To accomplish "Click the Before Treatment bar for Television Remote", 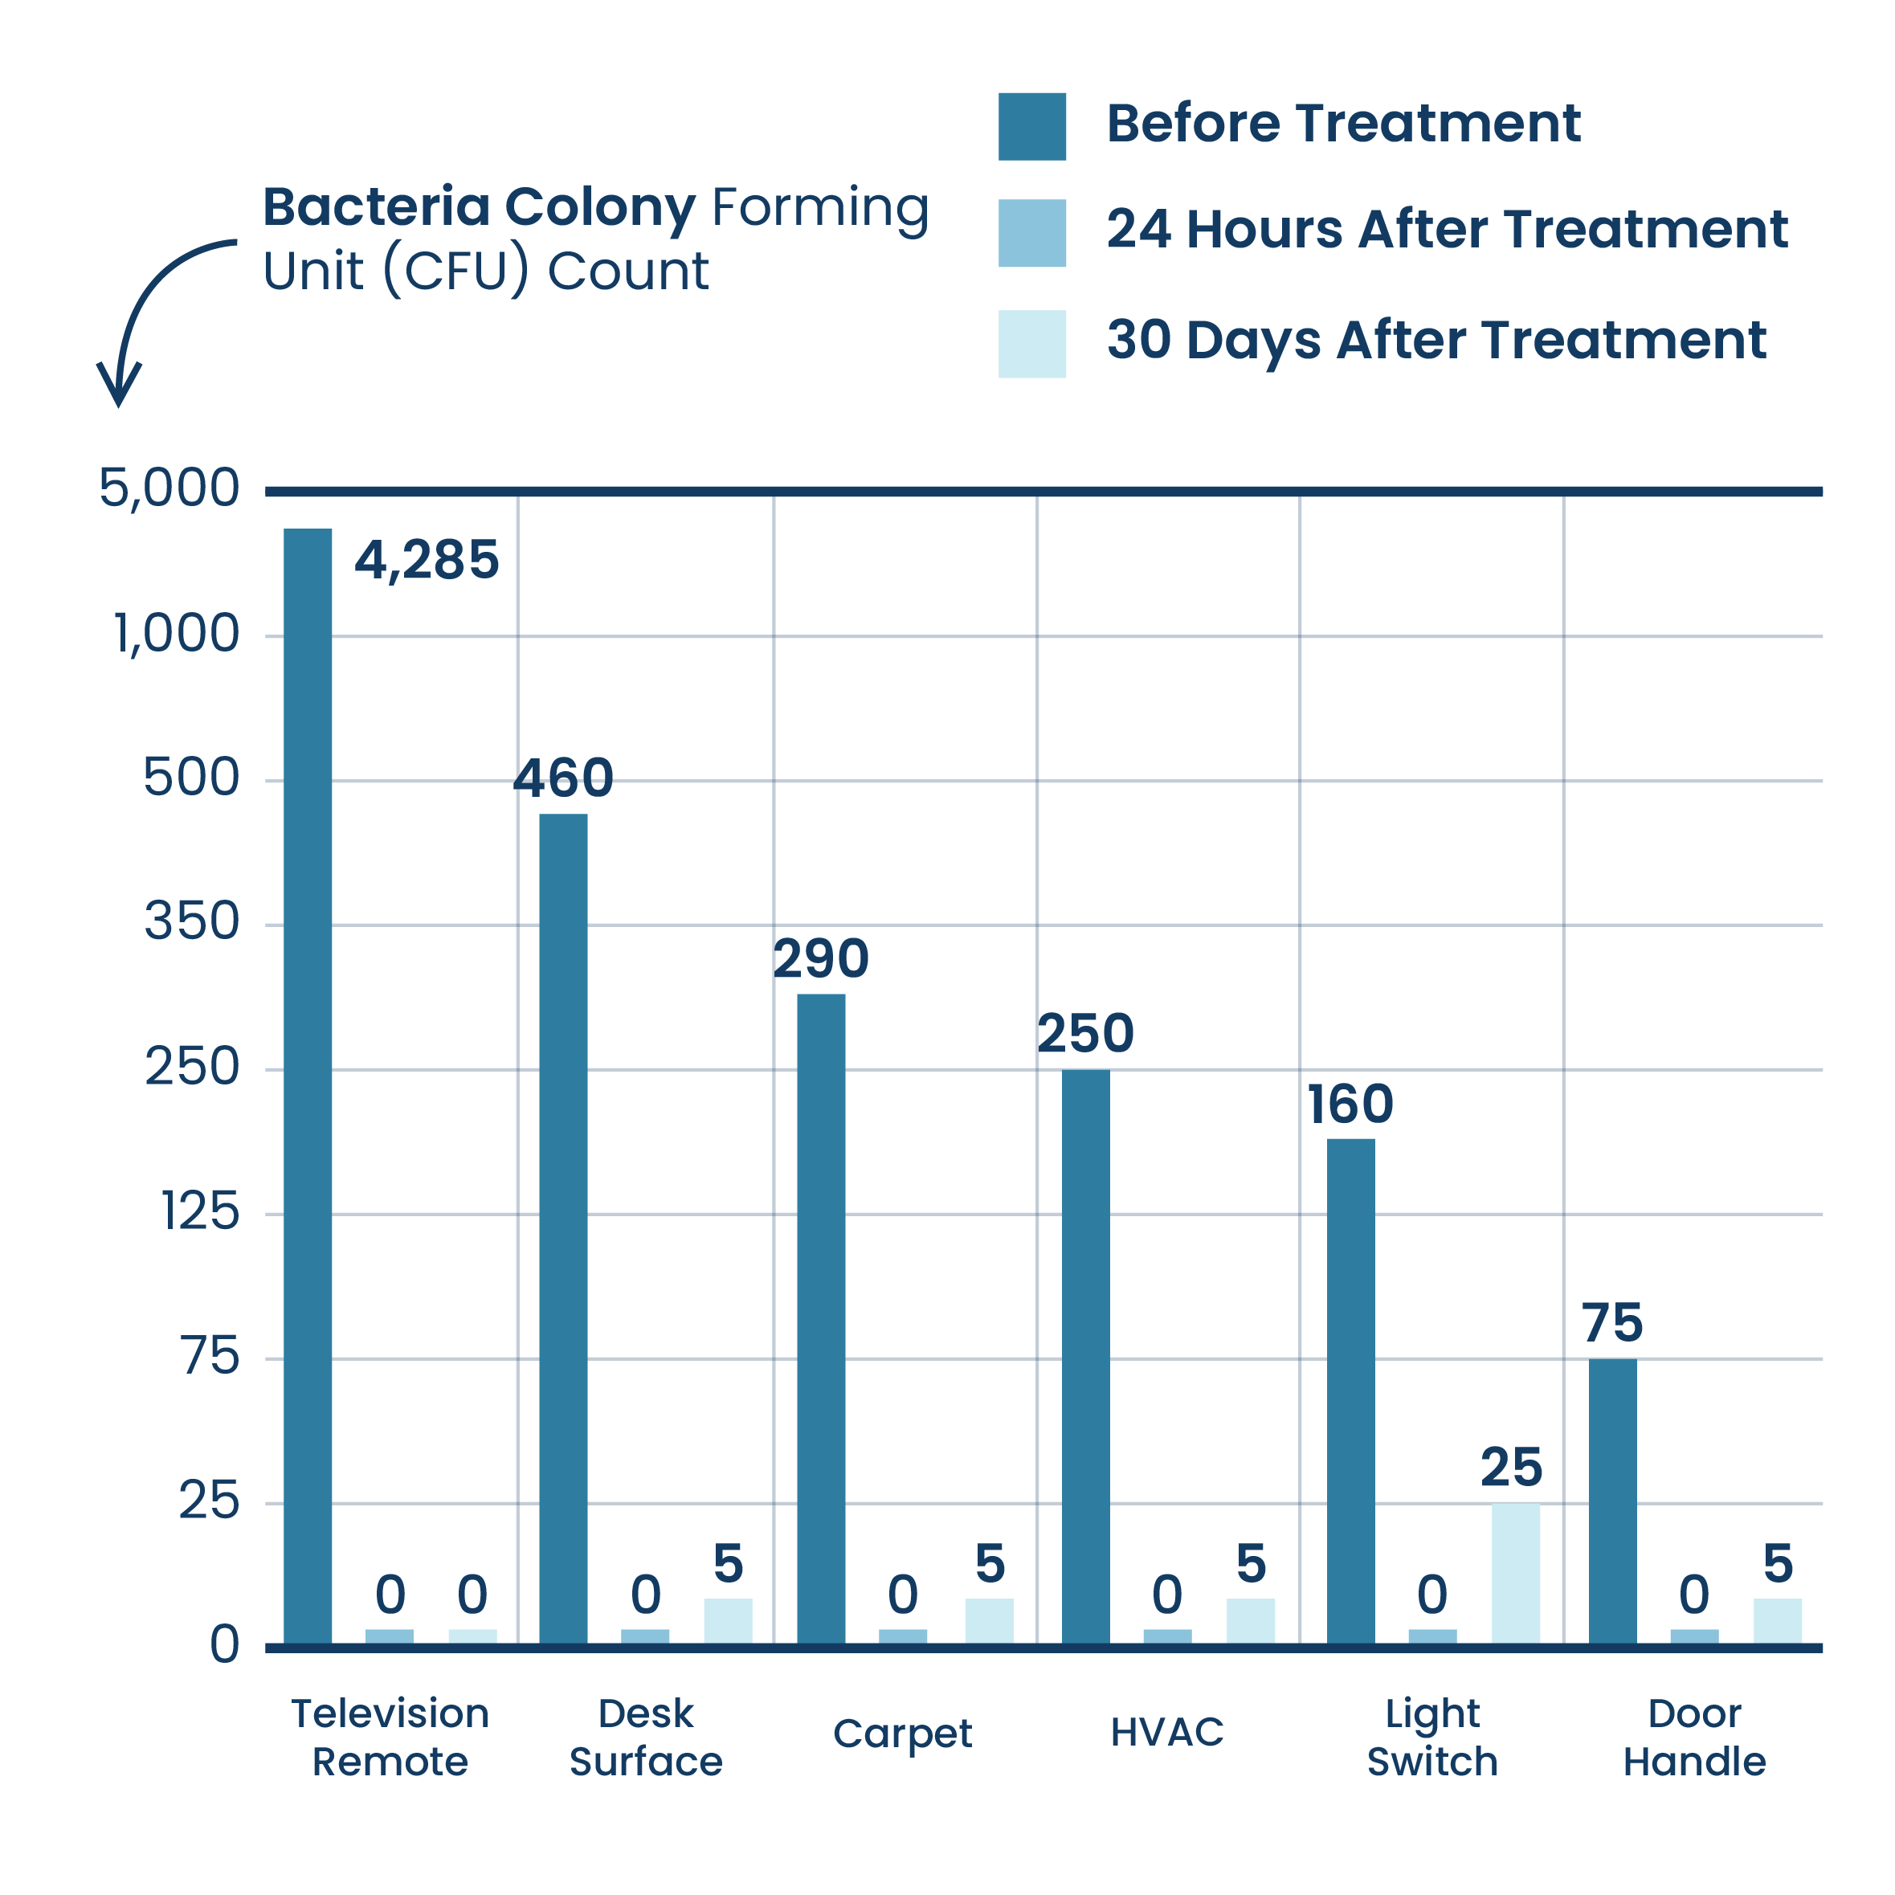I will coord(308,1084).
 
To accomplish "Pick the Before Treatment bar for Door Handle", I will coord(1611,1500).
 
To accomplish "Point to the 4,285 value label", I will coord(427,561).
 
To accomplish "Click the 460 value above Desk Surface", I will coord(564,778).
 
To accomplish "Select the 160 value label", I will coord(1350,1105).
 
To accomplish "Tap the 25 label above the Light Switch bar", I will coord(1512,1468).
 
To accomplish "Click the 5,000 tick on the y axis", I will coord(169,488).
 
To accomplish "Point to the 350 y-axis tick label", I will coord(191,923).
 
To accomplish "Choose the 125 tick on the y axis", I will coord(200,1212).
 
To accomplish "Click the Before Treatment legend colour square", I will coord(1032,127).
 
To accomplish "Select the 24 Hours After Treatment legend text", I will coord(1446,231).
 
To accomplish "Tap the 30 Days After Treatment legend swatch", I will coord(1032,345).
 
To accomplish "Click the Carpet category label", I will coord(901,1734).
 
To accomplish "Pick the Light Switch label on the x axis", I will coord(1432,1737).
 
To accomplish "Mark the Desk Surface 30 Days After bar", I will coord(728,1619).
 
